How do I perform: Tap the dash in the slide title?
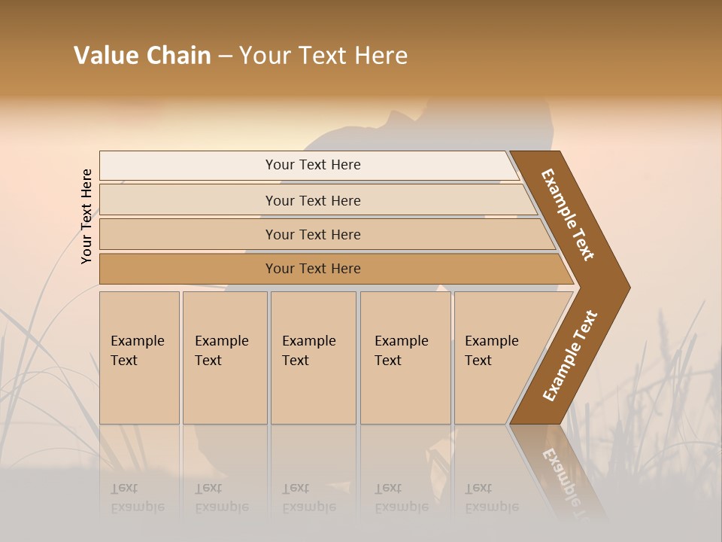click(x=225, y=56)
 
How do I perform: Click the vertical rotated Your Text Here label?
click(x=86, y=216)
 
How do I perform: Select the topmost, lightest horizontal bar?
click(x=312, y=165)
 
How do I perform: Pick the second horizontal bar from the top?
click(x=312, y=200)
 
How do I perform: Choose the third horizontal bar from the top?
click(x=312, y=234)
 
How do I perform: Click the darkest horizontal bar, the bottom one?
click(x=312, y=269)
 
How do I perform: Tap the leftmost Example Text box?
click(x=139, y=358)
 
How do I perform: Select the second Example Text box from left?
click(x=225, y=358)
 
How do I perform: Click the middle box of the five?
click(x=313, y=358)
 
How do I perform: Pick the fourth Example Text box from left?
click(x=405, y=358)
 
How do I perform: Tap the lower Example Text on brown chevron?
click(x=569, y=356)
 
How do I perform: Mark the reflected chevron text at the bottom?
click(x=564, y=474)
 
